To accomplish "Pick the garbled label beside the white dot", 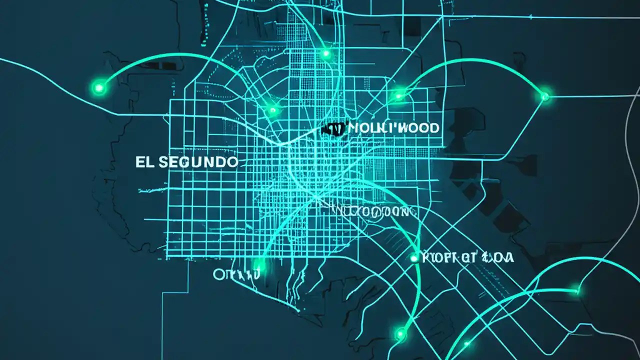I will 468,258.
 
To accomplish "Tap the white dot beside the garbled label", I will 414,258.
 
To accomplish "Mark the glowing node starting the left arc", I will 99,88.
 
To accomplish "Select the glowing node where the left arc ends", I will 272,109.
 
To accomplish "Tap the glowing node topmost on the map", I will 326,53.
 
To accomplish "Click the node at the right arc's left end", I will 398,95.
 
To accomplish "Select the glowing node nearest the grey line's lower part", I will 577,289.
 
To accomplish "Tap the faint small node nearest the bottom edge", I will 467,343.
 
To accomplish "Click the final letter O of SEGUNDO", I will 231,162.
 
